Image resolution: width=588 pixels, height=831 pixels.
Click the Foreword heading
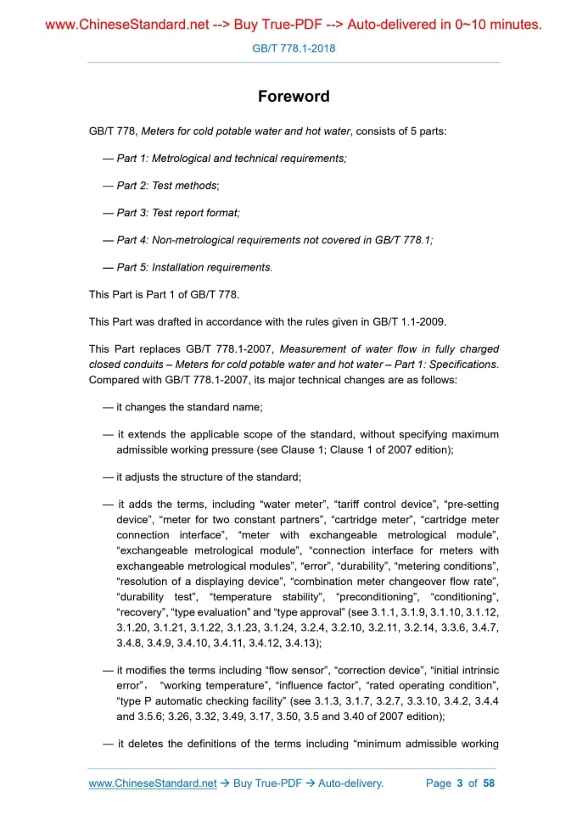click(294, 96)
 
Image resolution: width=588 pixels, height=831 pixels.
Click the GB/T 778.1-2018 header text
click(294, 48)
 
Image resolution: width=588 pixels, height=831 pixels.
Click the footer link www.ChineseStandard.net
click(153, 784)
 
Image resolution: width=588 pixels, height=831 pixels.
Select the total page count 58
click(489, 784)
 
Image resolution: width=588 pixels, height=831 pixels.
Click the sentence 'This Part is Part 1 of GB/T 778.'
click(164, 294)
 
